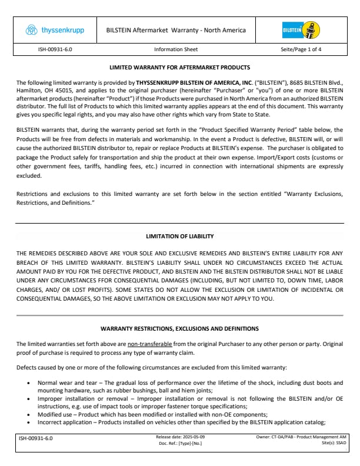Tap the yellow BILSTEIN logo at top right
(300, 30)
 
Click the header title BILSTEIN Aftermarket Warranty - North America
(176, 30)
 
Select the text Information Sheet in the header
(176, 50)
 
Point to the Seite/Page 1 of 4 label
(301, 50)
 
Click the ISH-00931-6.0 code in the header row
(50, 50)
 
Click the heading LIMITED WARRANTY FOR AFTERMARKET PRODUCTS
(179, 68)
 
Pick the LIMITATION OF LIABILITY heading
(179, 236)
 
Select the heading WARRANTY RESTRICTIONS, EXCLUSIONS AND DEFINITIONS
(179, 328)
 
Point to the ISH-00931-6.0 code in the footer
(36, 438)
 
